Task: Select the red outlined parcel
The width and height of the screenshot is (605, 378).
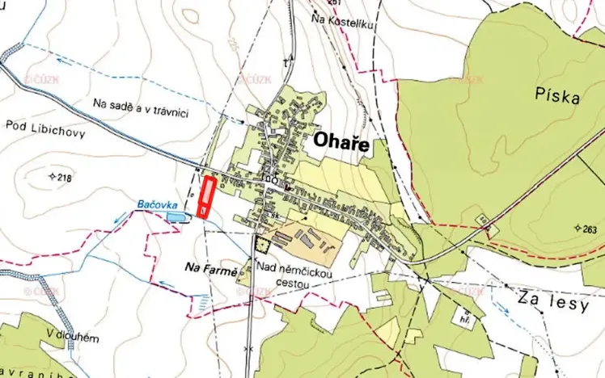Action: (207, 196)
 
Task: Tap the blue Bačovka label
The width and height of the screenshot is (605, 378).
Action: (154, 205)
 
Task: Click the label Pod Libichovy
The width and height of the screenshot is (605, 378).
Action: (44, 128)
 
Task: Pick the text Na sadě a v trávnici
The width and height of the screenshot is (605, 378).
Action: (141, 108)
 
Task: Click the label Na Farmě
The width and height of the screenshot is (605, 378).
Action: (210, 268)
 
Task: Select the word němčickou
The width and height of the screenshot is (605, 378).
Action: (304, 273)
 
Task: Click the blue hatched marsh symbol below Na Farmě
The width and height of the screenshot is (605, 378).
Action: (203, 300)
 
